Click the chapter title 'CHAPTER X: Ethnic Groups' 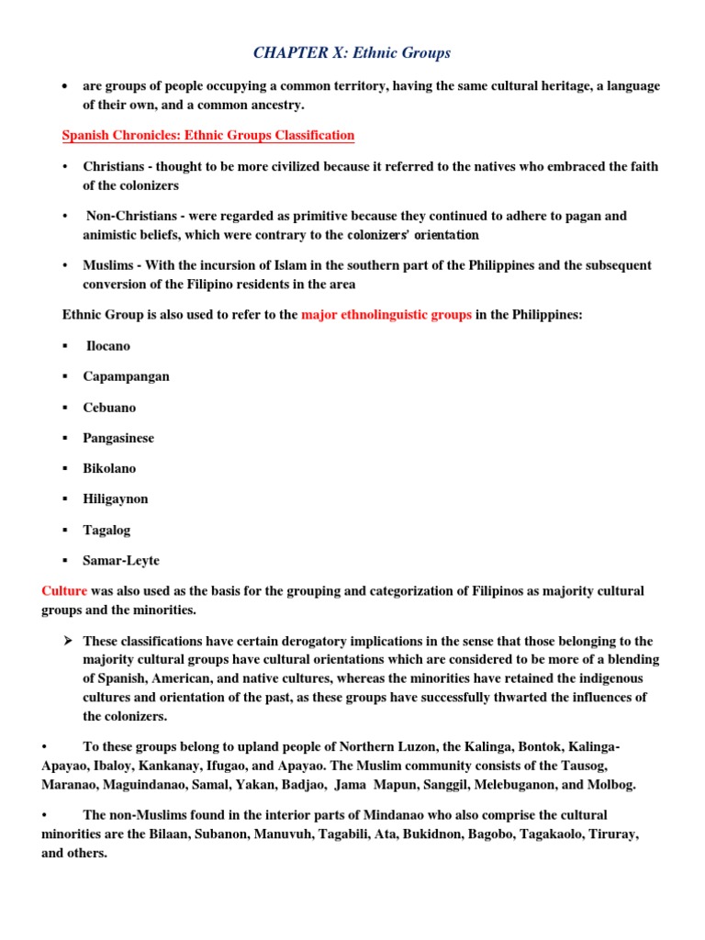tap(352, 53)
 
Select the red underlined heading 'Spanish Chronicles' tap(119, 136)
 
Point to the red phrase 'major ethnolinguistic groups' tap(386, 315)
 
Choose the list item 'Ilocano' tap(108, 346)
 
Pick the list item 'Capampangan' tap(126, 376)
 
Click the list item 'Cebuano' tap(109, 408)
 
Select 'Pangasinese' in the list tap(118, 438)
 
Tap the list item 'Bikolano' tap(109, 468)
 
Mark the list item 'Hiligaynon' tap(115, 499)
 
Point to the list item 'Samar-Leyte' tap(121, 561)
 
